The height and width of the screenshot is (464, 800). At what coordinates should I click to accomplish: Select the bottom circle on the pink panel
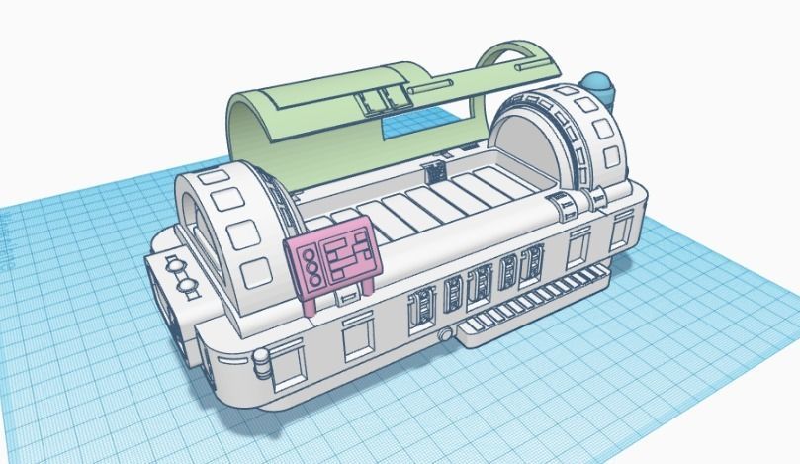[x=312, y=279]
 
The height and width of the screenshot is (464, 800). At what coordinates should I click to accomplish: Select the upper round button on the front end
[x=176, y=264]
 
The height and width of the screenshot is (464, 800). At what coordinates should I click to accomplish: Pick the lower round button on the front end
[x=185, y=287]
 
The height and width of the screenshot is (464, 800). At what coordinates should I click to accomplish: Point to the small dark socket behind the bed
[x=433, y=170]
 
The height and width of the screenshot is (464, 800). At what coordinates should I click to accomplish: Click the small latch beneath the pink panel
[x=347, y=294]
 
